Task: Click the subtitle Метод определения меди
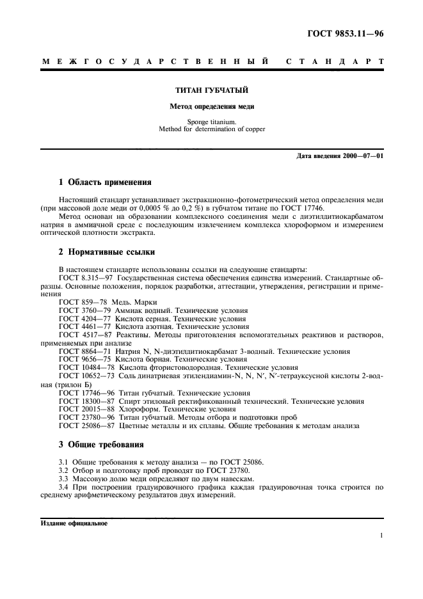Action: [x=211, y=106]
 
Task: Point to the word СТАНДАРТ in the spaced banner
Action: [x=333, y=62]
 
